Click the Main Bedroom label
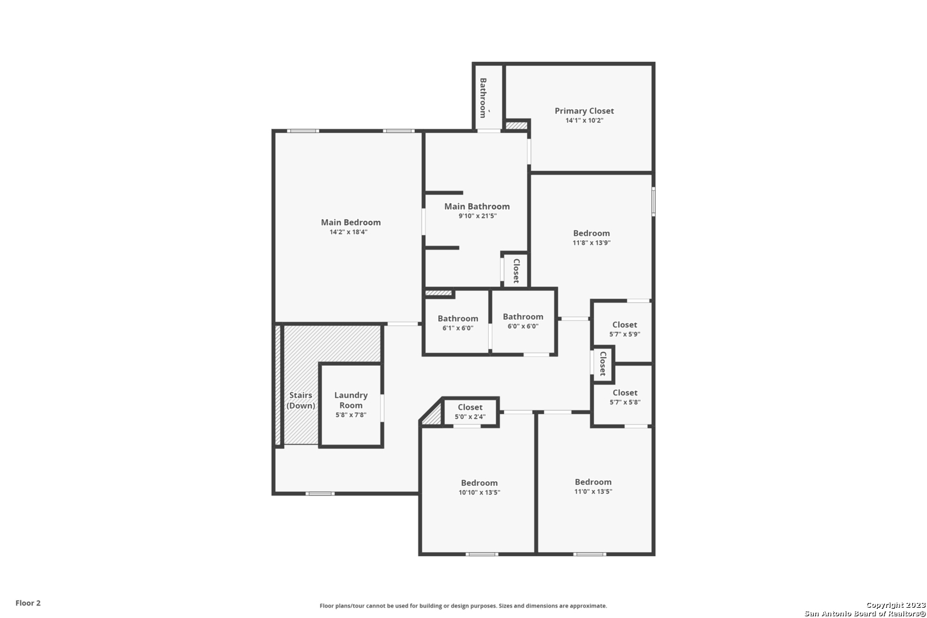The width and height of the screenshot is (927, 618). [x=351, y=222]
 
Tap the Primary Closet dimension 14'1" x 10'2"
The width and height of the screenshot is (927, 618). [x=584, y=121]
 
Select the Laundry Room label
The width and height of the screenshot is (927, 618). [x=351, y=401]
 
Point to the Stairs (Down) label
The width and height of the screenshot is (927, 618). [x=301, y=401]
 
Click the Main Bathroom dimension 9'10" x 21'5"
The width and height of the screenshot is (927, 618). [x=477, y=216]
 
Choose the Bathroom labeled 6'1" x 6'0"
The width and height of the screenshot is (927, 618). [x=458, y=318]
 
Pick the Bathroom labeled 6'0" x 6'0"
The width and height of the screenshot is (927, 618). [x=523, y=316]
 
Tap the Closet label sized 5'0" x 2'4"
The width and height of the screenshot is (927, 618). [x=470, y=407]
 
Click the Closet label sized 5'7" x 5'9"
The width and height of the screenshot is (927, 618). [x=624, y=325]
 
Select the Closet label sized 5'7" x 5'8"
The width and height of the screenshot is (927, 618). [x=625, y=393]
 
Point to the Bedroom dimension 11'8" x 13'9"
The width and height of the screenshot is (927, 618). [x=591, y=243]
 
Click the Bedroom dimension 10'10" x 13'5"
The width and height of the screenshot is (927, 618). [x=479, y=493]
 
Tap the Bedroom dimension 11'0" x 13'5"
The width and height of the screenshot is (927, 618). [x=593, y=492]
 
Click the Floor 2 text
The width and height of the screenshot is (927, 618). [x=28, y=603]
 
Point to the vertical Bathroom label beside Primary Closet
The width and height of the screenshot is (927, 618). [x=483, y=98]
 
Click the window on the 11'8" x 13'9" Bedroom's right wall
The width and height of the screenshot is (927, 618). [x=653, y=201]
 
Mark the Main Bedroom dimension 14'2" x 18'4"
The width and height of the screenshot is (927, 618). [x=348, y=232]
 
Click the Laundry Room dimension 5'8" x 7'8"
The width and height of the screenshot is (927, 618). [x=351, y=415]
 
